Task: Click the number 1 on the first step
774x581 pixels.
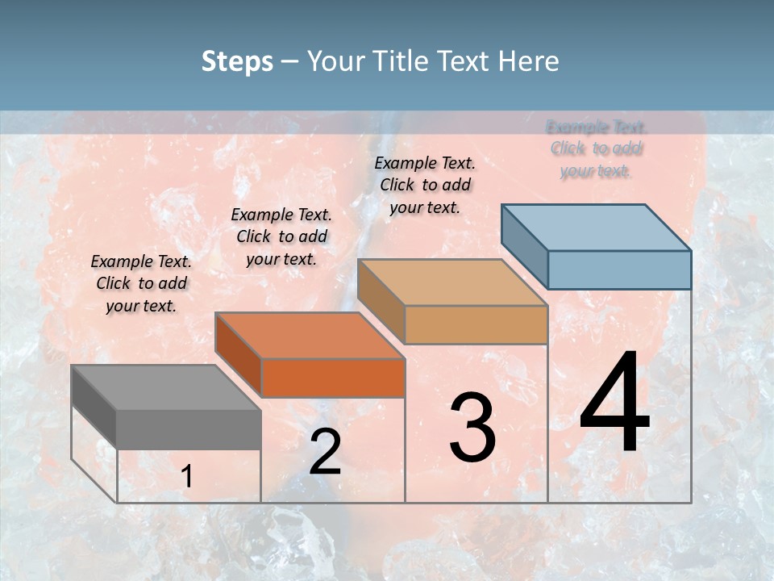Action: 187,477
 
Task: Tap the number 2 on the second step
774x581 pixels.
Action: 325,452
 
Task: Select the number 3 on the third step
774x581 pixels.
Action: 472,428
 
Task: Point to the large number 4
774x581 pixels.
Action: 614,403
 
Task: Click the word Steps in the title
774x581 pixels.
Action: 237,61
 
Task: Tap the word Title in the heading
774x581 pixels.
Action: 402,61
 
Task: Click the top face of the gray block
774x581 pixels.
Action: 166,387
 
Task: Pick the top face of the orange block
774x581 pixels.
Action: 310,336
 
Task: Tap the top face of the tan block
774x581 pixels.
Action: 452,282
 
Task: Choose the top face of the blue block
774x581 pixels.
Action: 596,228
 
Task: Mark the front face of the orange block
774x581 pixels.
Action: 333,378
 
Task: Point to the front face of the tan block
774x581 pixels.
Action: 476,324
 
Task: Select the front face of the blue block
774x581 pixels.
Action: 619,270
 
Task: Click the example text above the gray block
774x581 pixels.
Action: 141,283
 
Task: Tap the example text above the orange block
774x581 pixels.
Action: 281,236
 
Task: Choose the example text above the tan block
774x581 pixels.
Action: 425,185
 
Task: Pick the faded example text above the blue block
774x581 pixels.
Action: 597,148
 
